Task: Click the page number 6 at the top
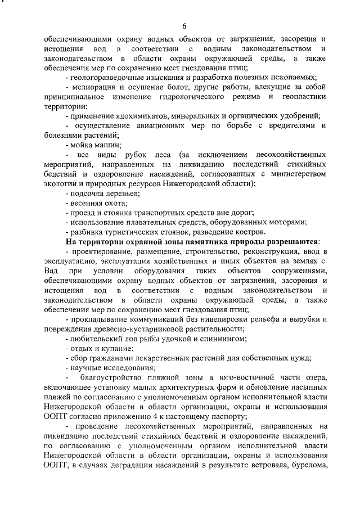[184, 25]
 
